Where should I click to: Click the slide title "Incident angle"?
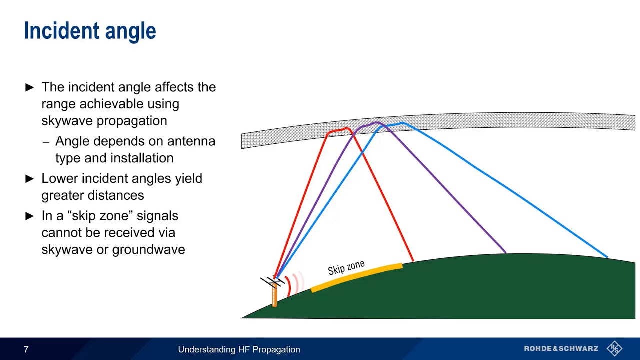point(90,31)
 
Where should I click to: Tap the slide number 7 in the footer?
point(26,350)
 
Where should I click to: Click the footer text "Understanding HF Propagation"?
point(239,350)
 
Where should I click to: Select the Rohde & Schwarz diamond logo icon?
point(614,348)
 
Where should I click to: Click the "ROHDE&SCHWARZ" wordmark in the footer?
point(561,349)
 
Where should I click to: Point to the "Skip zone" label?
point(346,268)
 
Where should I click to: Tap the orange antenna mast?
point(274,295)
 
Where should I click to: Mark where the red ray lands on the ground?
point(413,260)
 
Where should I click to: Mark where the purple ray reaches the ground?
point(506,253)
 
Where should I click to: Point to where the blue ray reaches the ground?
point(607,257)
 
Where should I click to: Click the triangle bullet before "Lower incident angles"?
point(30,179)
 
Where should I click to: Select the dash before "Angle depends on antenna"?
point(46,142)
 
